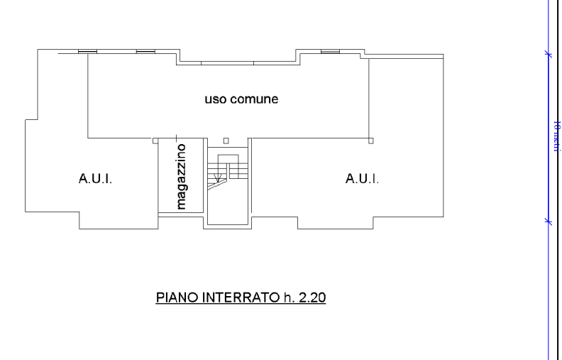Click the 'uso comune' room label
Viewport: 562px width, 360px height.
tap(241, 99)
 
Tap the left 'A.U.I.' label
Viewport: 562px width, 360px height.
tap(95, 178)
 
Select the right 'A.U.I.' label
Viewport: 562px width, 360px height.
tap(362, 178)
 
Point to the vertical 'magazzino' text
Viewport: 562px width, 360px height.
tap(182, 176)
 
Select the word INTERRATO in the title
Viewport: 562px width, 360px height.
tap(241, 298)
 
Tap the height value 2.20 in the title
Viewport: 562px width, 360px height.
tap(312, 298)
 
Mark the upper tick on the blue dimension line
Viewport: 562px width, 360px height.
tap(548, 53)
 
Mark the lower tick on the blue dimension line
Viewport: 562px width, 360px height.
tap(548, 222)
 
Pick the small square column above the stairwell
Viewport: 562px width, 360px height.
tap(226, 141)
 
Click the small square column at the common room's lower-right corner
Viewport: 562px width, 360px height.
tap(371, 141)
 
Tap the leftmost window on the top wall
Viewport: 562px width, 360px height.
tap(87, 51)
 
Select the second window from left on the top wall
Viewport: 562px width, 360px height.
tap(145, 51)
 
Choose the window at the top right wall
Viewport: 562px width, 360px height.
tap(330, 51)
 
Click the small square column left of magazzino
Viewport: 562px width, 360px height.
tap(155, 141)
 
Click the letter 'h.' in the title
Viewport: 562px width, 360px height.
tap(288, 298)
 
